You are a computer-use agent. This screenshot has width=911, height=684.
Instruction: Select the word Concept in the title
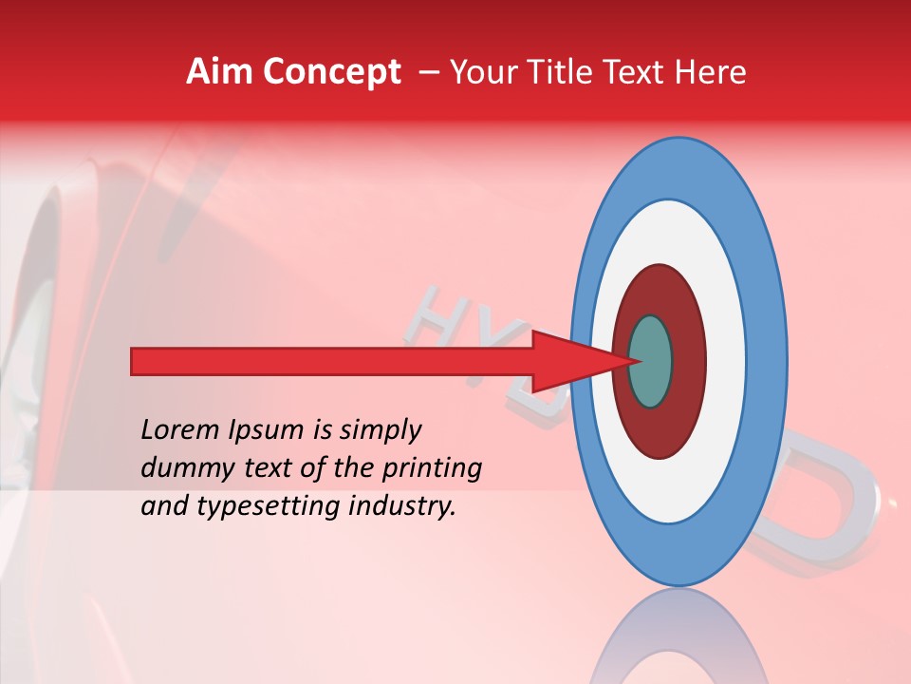[331, 73]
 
